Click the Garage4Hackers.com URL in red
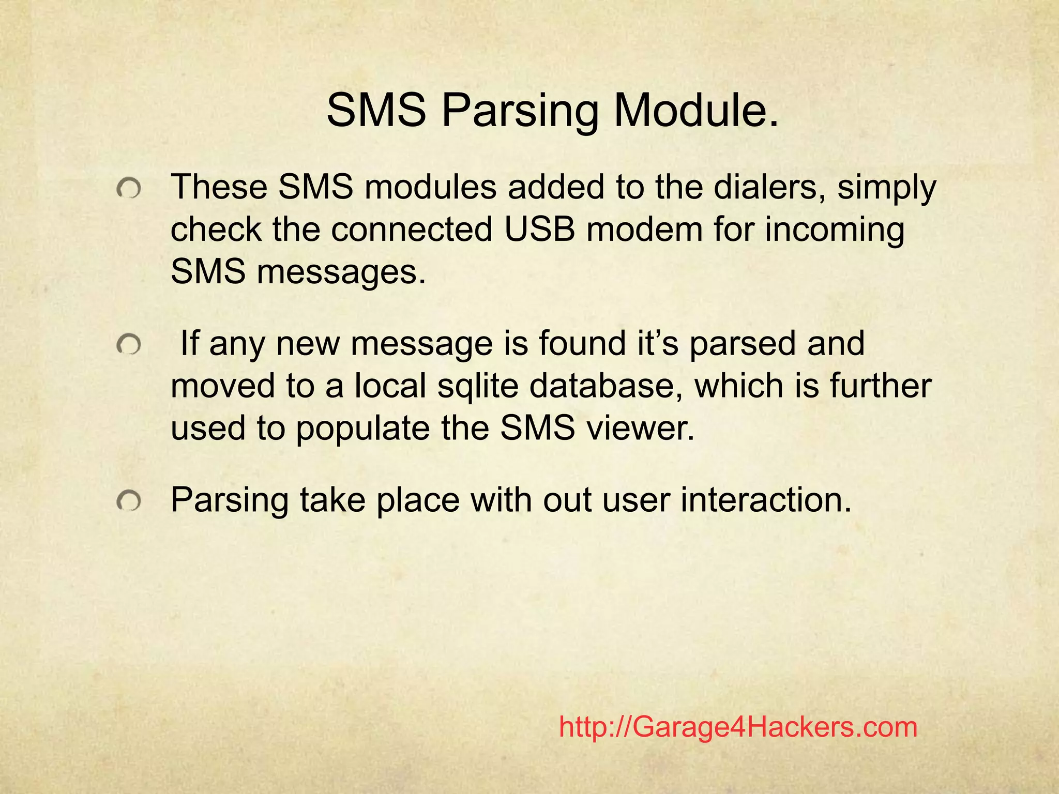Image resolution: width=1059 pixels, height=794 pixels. [738, 727]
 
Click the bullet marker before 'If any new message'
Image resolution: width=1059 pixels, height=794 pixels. [128, 345]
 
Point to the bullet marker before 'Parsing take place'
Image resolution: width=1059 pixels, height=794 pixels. [128, 501]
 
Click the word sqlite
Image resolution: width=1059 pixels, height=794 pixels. [477, 387]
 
